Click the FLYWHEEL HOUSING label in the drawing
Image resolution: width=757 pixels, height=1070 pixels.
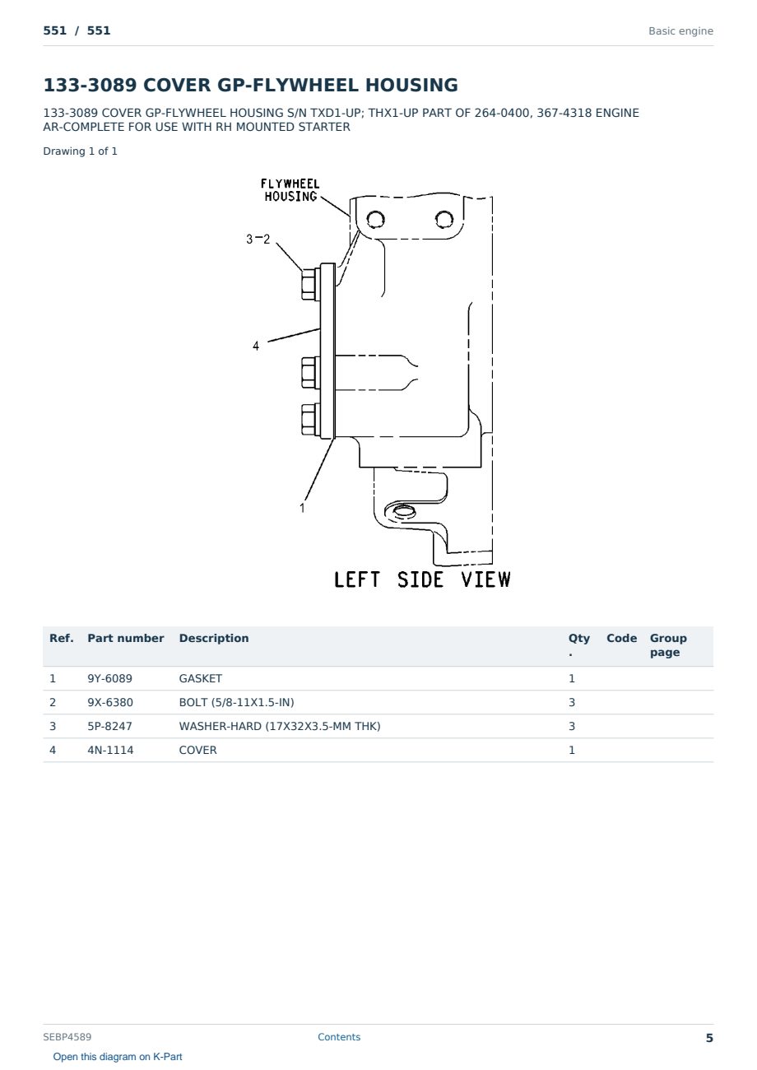tap(290, 190)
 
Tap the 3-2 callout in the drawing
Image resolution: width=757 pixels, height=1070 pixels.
tap(258, 239)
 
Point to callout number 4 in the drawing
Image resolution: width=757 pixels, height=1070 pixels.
tap(256, 346)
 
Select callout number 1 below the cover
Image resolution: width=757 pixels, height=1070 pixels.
tap(302, 508)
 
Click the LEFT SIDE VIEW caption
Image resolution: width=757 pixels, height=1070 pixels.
tap(422, 579)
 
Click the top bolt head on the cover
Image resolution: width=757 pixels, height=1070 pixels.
tap(310, 284)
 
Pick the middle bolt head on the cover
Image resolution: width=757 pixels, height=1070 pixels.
tap(310, 373)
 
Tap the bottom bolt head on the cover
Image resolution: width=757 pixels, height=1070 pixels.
tap(310, 420)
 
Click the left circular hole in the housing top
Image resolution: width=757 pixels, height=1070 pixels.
tap(375, 220)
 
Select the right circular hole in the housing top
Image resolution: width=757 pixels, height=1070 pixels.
tap(444, 220)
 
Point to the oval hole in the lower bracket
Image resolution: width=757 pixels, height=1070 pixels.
tap(403, 512)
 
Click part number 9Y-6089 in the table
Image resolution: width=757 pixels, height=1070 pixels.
tap(109, 678)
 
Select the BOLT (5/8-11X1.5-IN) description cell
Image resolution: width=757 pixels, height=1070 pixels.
tap(236, 702)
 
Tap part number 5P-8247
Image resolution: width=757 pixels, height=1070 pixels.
tap(109, 726)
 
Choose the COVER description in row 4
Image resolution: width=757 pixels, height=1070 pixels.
tap(197, 750)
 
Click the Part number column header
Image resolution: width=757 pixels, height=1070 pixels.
tap(126, 638)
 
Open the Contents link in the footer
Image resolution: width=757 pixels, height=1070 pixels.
tap(339, 1036)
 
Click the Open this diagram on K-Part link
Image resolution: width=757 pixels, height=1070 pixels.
tap(118, 1057)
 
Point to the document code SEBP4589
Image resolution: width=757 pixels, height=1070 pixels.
tap(67, 1036)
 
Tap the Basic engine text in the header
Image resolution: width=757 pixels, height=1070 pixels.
tap(680, 31)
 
